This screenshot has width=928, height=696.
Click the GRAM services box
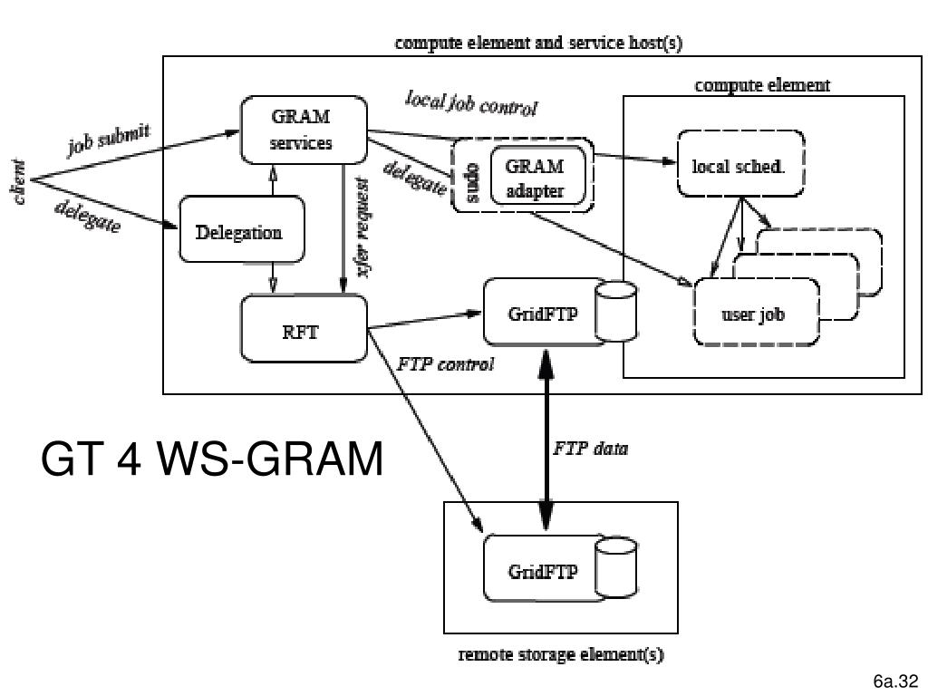tap(303, 130)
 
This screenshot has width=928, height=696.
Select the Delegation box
tap(239, 232)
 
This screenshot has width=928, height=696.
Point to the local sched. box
tap(739, 167)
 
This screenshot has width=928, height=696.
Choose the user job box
tap(754, 315)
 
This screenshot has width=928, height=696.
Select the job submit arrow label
tap(110, 141)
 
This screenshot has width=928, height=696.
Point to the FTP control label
tap(446, 365)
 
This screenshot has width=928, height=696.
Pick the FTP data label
tap(591, 448)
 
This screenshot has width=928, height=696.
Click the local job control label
tap(470, 103)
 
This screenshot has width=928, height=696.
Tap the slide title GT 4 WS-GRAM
tap(212, 460)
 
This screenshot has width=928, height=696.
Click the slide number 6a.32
tap(895, 681)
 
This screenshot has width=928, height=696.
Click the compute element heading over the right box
tap(762, 86)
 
